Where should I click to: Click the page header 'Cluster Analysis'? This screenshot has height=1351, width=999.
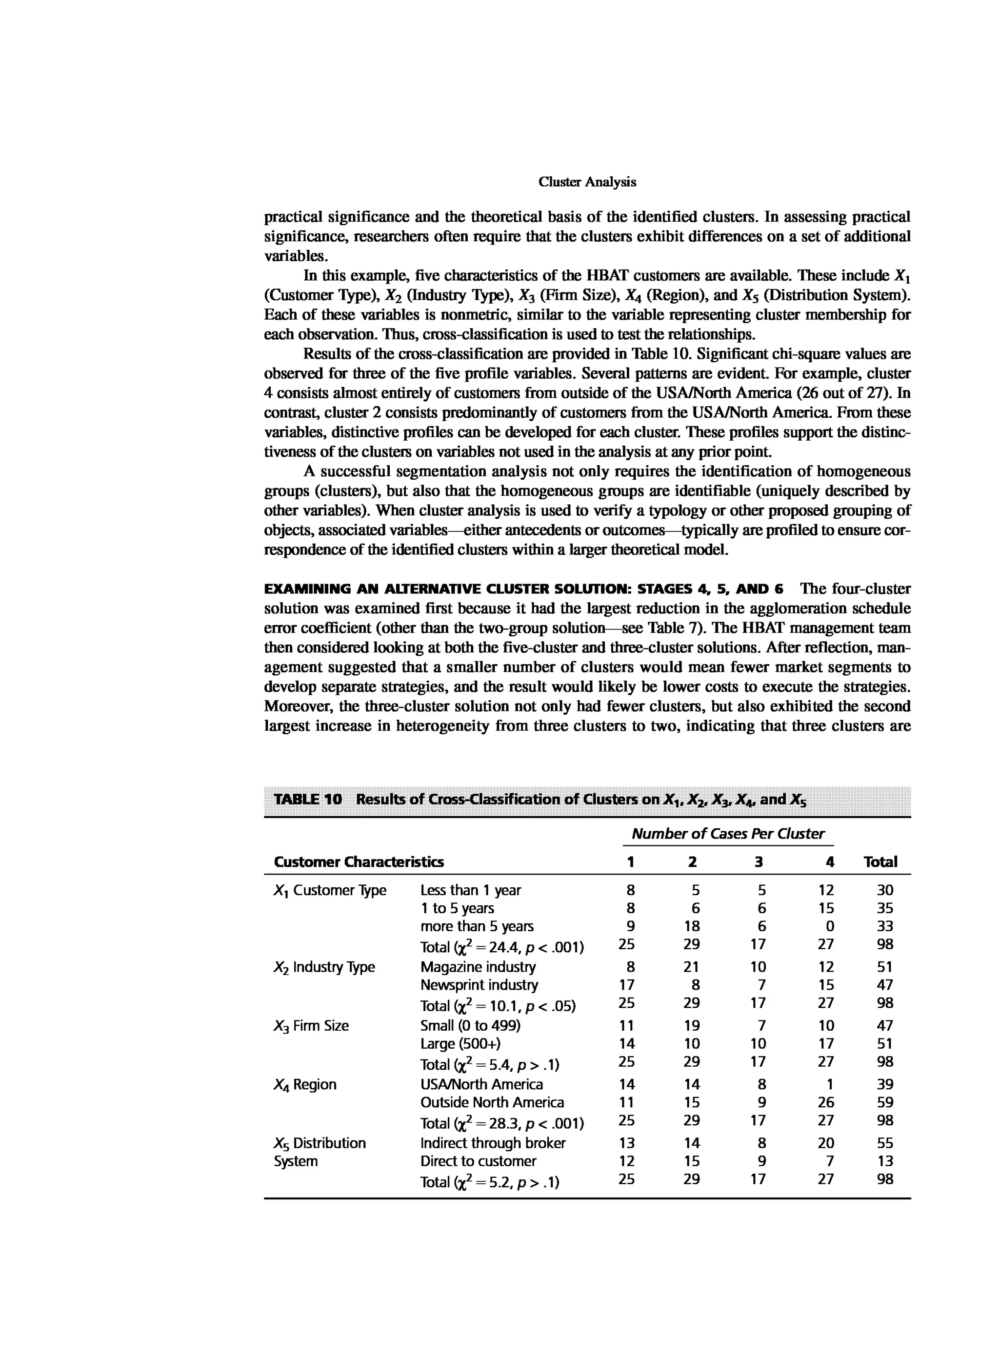tap(587, 182)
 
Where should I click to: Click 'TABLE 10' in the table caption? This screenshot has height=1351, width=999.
tap(308, 799)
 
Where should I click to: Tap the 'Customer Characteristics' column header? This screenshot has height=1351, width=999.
tap(358, 862)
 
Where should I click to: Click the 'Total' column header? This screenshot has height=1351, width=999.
tap(880, 862)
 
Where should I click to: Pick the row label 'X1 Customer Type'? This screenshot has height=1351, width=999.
tap(330, 890)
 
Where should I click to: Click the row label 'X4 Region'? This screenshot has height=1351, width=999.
tap(305, 1084)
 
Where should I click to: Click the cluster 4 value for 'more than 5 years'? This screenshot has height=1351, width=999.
tap(830, 926)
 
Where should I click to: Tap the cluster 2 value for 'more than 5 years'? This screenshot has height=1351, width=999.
tap(692, 926)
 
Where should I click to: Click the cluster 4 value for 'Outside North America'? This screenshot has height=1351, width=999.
tap(825, 1102)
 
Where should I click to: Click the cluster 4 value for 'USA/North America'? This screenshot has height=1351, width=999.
tap(830, 1084)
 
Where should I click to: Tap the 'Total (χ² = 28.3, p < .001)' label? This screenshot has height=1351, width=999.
tap(502, 1123)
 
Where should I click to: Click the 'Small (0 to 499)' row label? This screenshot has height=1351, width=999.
tap(470, 1026)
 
